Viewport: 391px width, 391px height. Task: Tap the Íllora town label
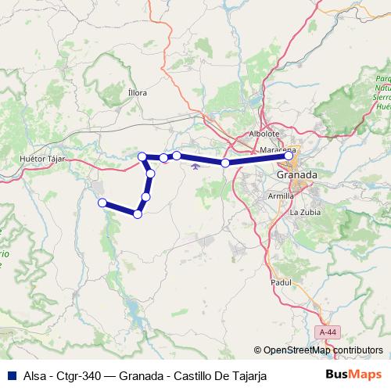(137, 92)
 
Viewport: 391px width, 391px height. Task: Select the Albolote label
(264, 134)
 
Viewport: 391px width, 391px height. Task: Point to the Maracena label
(278, 150)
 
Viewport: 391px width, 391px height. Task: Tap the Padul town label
(280, 282)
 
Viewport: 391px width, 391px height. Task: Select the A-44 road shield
(328, 332)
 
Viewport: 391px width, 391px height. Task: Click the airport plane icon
(206, 143)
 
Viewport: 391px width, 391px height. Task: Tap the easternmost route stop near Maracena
(289, 135)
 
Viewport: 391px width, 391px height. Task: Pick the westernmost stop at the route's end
(102, 203)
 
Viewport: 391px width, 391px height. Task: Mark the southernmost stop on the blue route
(138, 213)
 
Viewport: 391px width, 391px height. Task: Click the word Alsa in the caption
(34, 376)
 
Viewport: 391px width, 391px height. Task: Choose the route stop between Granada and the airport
(225, 141)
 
